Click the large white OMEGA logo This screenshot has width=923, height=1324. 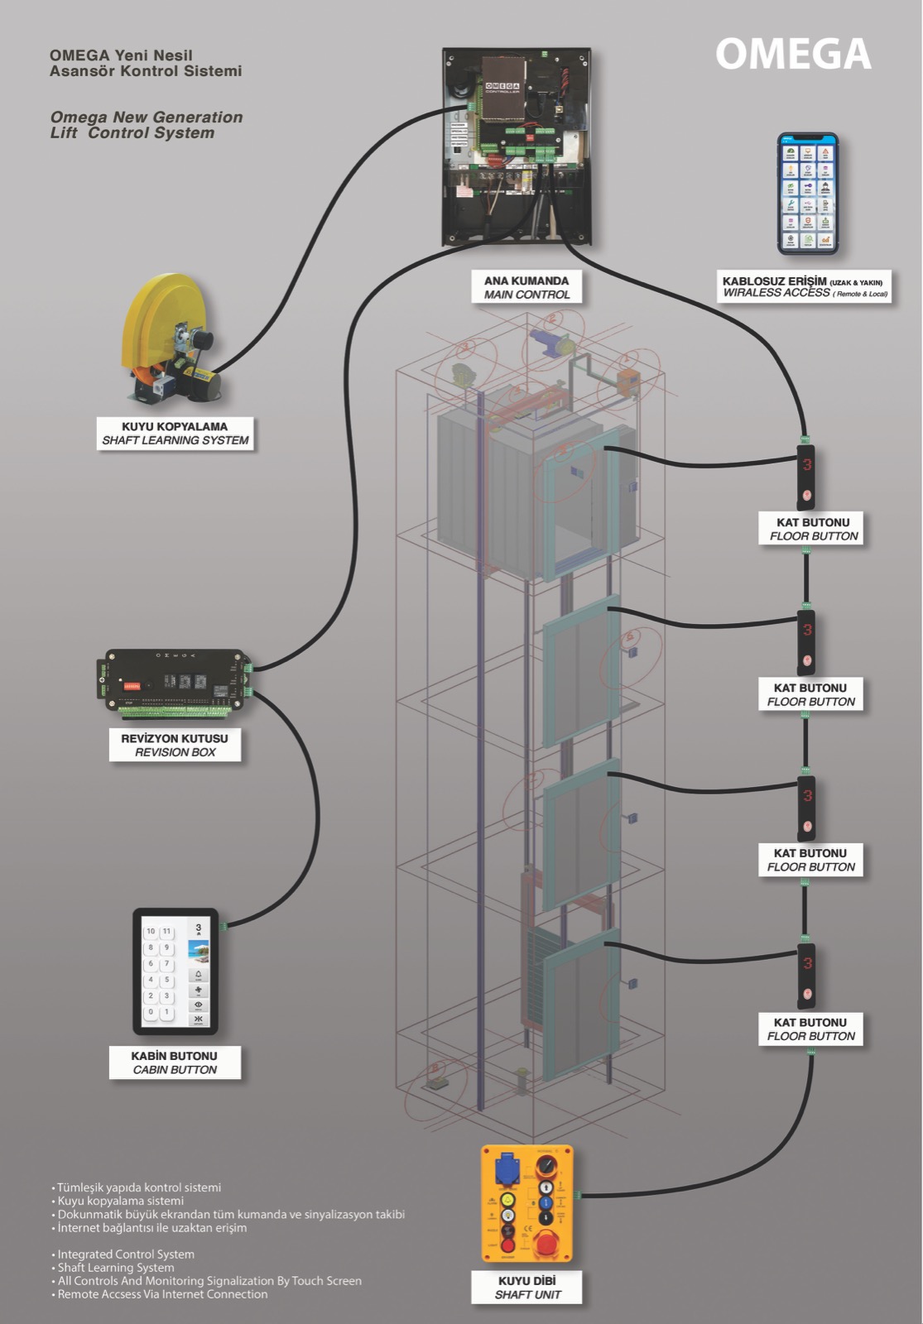(793, 55)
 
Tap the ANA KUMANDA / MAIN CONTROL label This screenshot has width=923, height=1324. (526, 287)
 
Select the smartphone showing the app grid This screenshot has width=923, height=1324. (807, 194)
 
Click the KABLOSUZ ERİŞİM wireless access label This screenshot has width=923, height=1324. (804, 286)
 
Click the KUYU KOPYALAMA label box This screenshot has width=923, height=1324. (175, 433)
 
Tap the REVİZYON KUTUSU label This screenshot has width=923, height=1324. (175, 745)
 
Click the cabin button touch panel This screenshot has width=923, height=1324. (175, 971)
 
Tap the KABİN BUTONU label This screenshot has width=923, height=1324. (175, 1063)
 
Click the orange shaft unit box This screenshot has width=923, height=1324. (527, 1203)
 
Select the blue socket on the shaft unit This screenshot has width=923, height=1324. (507, 1173)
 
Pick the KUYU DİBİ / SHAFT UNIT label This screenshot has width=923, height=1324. (527, 1288)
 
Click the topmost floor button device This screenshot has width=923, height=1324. (806, 477)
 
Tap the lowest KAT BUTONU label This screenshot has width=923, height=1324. (810, 1029)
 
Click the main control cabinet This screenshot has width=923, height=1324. (517, 146)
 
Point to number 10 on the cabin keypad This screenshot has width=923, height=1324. (151, 931)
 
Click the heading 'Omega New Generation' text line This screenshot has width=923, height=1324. (147, 118)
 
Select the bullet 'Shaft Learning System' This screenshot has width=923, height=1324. (116, 1268)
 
